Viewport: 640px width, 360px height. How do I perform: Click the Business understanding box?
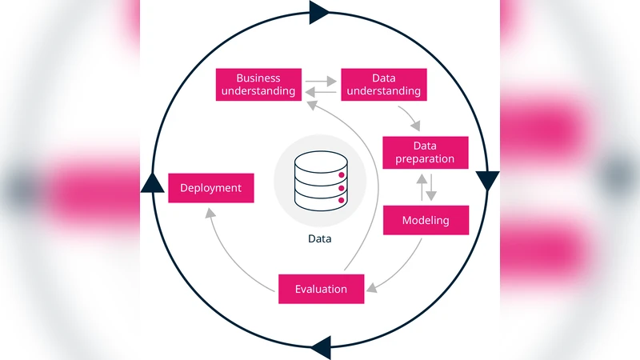point(258,85)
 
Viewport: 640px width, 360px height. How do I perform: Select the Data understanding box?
point(383,85)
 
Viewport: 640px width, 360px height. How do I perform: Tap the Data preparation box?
point(425,153)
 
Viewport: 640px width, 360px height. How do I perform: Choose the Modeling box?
point(426,220)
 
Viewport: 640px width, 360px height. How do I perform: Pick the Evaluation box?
point(321,289)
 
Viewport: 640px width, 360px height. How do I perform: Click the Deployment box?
point(210,188)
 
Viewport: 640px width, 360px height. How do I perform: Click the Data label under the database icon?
point(319,238)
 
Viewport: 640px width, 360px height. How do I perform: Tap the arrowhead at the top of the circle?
point(318,12)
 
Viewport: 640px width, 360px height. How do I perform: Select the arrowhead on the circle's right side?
point(487,181)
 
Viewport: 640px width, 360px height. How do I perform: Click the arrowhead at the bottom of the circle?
point(321,347)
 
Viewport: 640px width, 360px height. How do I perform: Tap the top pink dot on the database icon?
point(342,174)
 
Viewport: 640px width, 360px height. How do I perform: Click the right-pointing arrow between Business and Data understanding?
point(320,80)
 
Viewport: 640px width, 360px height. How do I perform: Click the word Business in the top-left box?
point(258,78)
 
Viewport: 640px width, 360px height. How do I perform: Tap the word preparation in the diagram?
point(425,159)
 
